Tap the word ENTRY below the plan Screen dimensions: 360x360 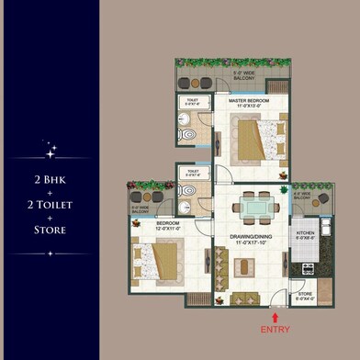pos(275,329)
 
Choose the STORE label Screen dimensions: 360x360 pos(304,295)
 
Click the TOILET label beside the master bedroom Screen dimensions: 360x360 pos(192,103)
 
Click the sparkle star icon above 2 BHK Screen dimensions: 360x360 pos(51,146)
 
